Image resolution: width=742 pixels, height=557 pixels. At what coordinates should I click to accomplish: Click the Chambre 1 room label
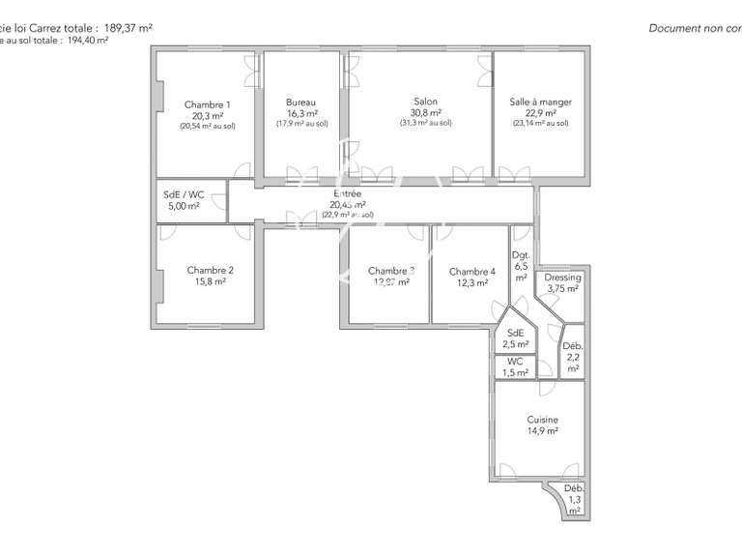tap(207, 104)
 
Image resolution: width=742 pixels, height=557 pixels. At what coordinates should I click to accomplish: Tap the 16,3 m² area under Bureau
tap(301, 113)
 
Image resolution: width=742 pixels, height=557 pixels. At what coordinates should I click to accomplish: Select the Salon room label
tap(425, 102)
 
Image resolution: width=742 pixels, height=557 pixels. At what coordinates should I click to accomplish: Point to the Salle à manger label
tap(540, 102)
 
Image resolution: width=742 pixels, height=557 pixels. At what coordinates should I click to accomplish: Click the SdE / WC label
tap(184, 193)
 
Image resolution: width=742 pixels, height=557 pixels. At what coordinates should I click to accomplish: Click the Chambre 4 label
tap(472, 272)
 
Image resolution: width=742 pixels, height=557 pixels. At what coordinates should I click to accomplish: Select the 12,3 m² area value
tap(472, 283)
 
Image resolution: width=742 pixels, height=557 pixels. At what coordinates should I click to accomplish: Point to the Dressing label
tap(562, 278)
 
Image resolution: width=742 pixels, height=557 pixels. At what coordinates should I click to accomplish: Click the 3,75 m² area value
tap(562, 288)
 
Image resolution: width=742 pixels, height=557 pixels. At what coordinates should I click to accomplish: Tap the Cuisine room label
tap(542, 420)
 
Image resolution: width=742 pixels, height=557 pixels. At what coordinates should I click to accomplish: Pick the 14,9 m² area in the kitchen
tap(542, 431)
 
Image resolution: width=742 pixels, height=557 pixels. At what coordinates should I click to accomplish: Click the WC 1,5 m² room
tap(516, 366)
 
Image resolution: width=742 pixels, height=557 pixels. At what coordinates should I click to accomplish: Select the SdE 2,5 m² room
tap(516, 337)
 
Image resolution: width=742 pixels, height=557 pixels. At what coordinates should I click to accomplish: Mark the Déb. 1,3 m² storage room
tap(574, 499)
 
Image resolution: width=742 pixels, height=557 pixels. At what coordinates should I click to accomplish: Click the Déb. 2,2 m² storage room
tap(573, 357)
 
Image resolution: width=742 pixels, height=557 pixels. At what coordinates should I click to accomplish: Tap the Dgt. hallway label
tap(521, 255)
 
